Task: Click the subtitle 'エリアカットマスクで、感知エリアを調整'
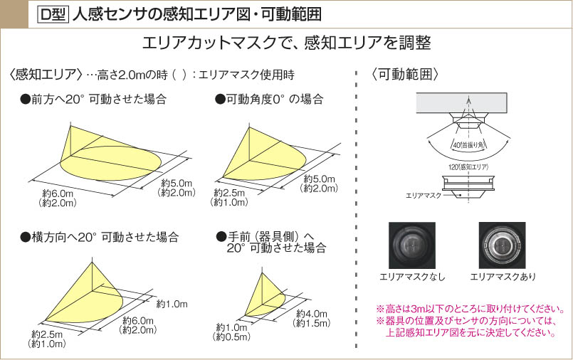pyautogui.click(x=286, y=42)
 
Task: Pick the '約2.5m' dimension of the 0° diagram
pyautogui.click(x=229, y=194)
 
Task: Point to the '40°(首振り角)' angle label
pyautogui.click(x=468, y=144)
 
